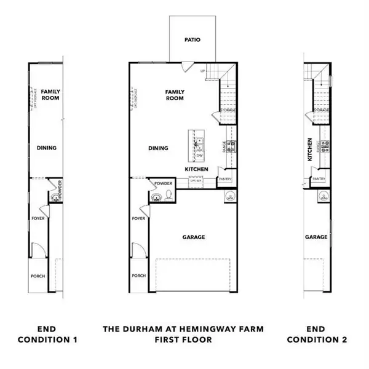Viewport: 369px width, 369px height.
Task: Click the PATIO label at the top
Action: click(x=192, y=40)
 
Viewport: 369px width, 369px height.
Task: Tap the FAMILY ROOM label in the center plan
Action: click(x=175, y=95)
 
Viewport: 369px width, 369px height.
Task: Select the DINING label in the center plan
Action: click(x=159, y=148)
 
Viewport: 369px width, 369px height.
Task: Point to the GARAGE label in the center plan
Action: click(x=192, y=237)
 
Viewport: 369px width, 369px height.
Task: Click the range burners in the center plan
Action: click(x=231, y=146)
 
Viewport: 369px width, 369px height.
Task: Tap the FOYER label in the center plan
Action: click(x=138, y=218)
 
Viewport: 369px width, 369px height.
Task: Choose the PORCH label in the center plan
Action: click(x=138, y=276)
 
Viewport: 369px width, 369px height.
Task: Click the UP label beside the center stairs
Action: click(x=202, y=72)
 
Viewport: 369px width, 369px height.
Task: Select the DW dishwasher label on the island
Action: click(x=200, y=156)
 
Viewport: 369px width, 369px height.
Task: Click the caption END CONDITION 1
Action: click(x=47, y=335)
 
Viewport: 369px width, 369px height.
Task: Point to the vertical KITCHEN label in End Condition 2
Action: click(x=311, y=149)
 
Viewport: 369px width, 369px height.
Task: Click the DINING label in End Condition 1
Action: click(x=47, y=148)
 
